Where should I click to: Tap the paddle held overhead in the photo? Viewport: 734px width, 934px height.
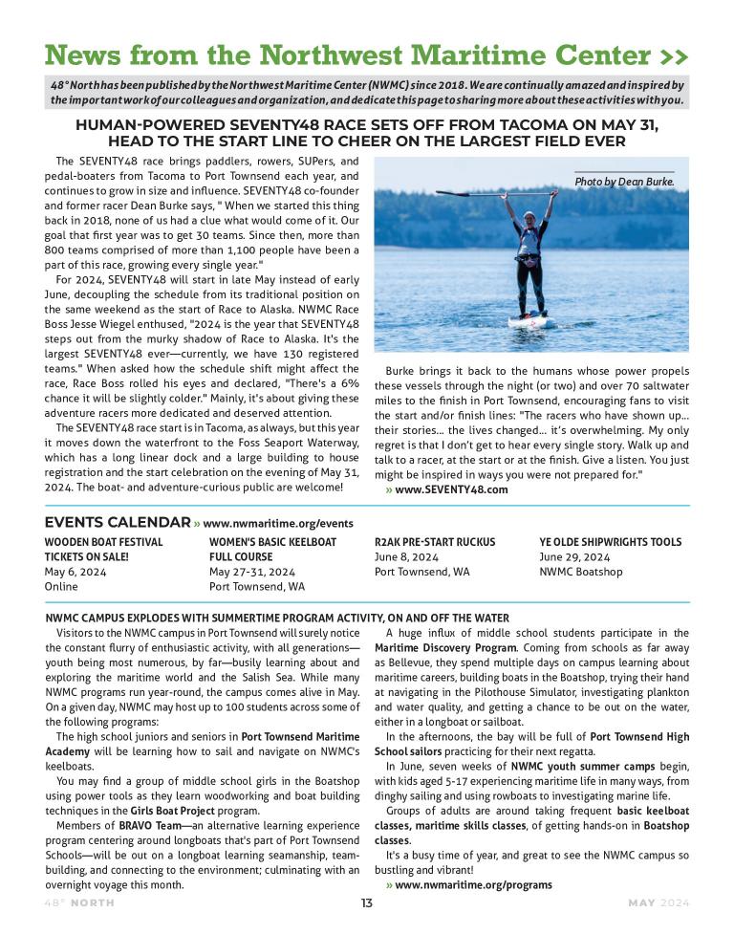529,194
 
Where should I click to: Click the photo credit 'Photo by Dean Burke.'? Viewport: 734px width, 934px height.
624,181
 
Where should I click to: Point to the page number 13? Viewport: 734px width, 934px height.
367,903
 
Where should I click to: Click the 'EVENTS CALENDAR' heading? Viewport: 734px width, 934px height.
118,522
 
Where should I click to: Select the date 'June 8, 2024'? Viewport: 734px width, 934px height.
406,556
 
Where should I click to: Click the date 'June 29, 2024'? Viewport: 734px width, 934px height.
574,556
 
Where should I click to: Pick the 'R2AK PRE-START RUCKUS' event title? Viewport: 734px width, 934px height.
435,541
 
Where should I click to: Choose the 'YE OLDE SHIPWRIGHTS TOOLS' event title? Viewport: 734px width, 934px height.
610,541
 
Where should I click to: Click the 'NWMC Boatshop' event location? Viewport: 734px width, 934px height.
580,572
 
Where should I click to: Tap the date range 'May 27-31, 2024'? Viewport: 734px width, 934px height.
252,572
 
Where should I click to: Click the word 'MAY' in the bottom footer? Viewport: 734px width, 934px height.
642,903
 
